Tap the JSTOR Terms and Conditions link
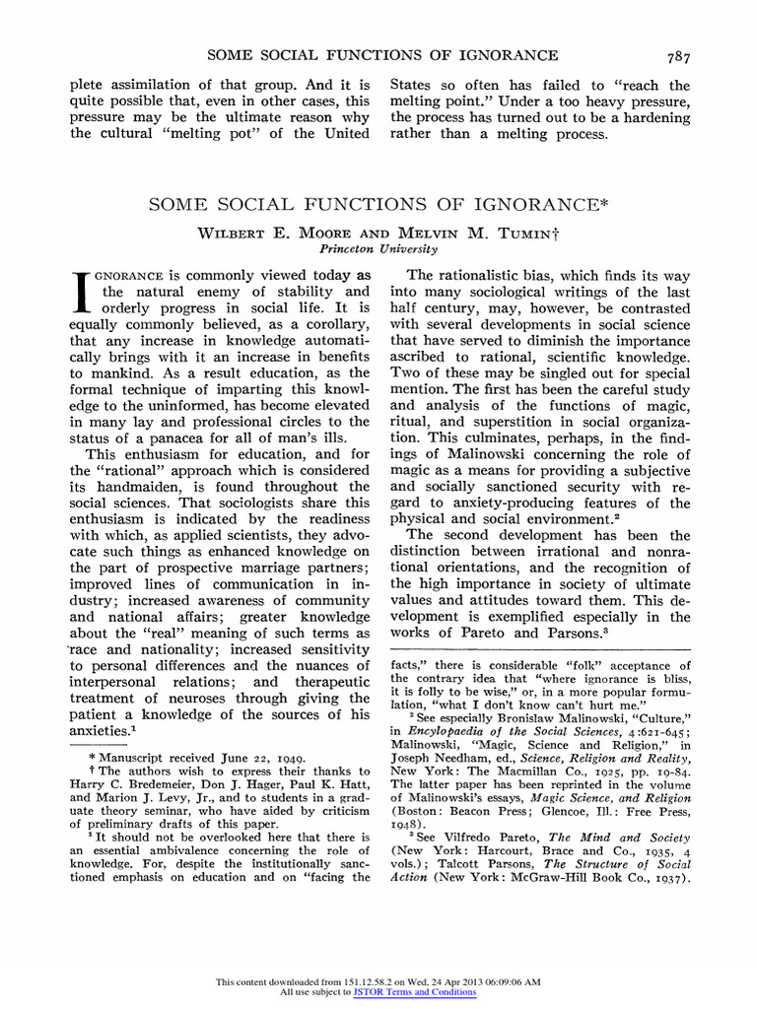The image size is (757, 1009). coord(414,992)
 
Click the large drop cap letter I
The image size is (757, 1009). coord(84,295)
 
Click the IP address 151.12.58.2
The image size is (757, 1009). coord(381,982)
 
